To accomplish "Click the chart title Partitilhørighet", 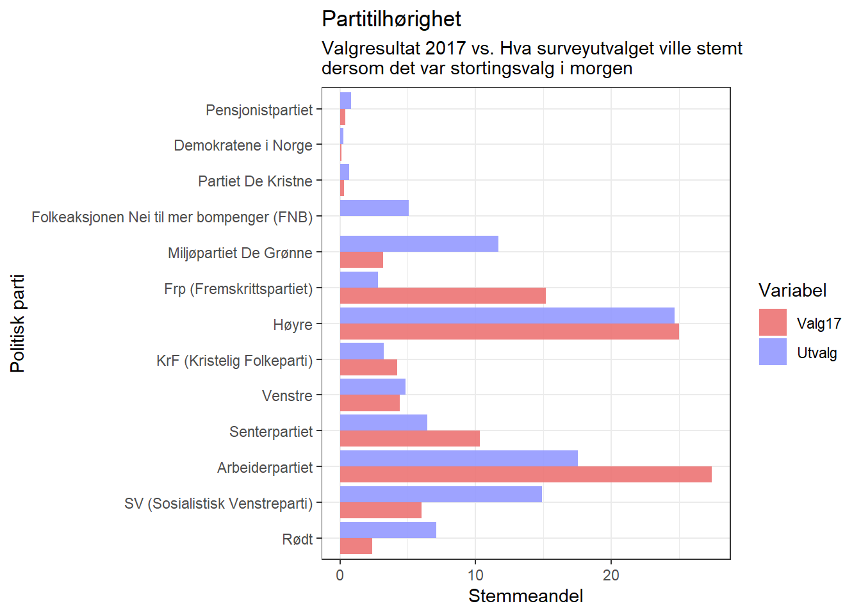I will pyautogui.click(x=391, y=19).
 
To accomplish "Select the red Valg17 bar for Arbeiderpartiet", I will pyautogui.click(x=525, y=475).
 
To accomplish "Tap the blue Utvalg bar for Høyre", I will pyautogui.click(x=507, y=315).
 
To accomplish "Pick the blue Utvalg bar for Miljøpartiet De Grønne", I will pyautogui.click(x=419, y=243).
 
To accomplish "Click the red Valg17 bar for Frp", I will pyautogui.click(x=443, y=296).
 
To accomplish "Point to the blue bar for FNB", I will pyautogui.click(x=374, y=208).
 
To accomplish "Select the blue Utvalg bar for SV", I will pyautogui.click(x=441, y=494).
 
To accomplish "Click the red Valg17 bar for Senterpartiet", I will pyautogui.click(x=409, y=439).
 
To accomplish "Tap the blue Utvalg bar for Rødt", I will pyautogui.click(x=388, y=530).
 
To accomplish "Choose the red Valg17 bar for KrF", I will pyautogui.click(x=368, y=368).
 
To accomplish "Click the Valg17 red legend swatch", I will pyautogui.click(x=773, y=322).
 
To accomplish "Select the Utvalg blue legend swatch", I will pyautogui.click(x=773, y=352).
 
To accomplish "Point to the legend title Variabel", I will pyautogui.click(x=792, y=291).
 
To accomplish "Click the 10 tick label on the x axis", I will pyautogui.click(x=475, y=575).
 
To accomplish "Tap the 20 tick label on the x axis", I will pyautogui.click(x=611, y=575).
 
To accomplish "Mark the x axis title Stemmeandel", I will pyautogui.click(x=525, y=596).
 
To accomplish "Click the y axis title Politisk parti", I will pyautogui.click(x=18, y=324).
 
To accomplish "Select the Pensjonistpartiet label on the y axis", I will pyautogui.click(x=259, y=110).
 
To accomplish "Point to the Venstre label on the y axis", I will pyautogui.click(x=287, y=396).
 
